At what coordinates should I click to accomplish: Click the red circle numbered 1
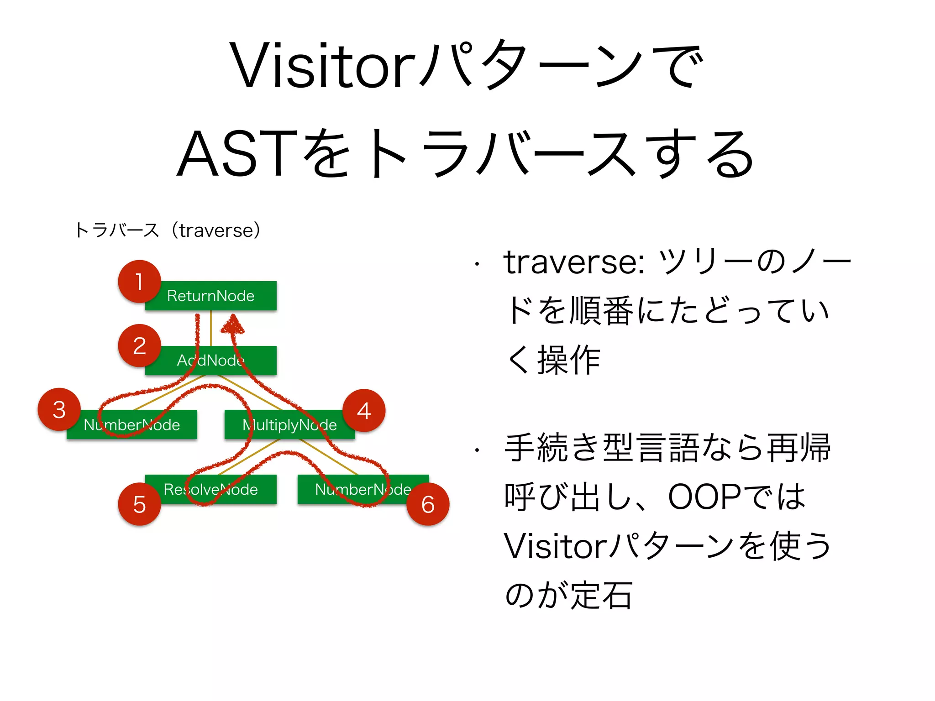[139, 282]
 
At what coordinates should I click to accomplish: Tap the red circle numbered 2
[139, 345]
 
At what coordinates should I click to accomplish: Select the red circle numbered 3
[59, 409]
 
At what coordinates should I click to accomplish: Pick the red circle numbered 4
[364, 410]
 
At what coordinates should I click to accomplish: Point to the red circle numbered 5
[139, 504]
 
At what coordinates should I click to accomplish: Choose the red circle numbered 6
[428, 504]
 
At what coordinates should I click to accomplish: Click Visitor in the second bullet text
[555, 546]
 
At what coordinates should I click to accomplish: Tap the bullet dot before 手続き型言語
[477, 450]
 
